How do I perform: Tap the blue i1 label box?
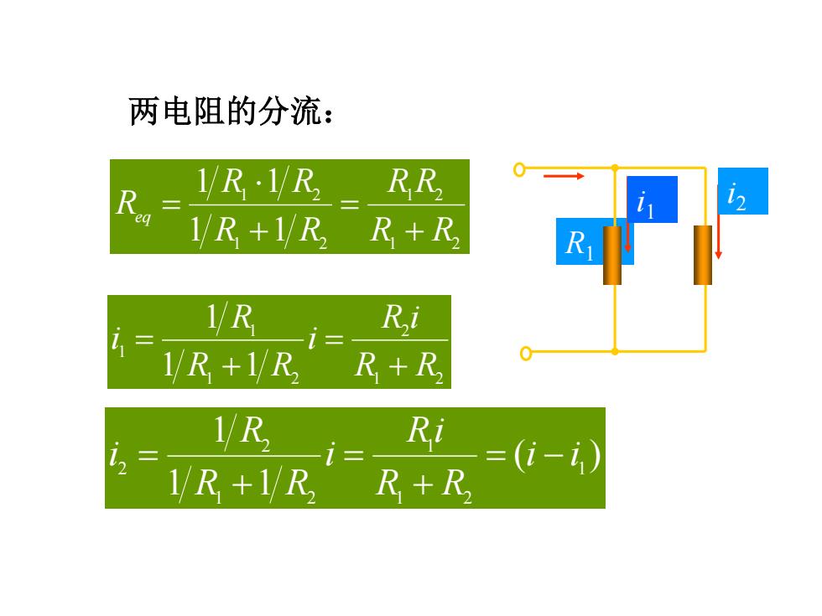[652, 199]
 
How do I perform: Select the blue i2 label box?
[743, 191]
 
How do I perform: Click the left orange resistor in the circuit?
[612, 255]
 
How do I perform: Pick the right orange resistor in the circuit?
[703, 255]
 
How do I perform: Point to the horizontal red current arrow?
[564, 176]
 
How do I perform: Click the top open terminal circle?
[519, 169]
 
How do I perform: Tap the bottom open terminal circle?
[526, 354]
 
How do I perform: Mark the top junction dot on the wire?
[615, 168]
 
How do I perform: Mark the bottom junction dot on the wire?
[615, 351]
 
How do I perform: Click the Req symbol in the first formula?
[133, 205]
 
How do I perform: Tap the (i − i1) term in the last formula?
[557, 456]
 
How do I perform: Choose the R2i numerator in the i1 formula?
[400, 318]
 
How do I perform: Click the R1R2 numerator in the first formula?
[415, 184]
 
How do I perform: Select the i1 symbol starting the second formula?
[118, 341]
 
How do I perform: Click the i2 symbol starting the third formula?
[118, 456]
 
